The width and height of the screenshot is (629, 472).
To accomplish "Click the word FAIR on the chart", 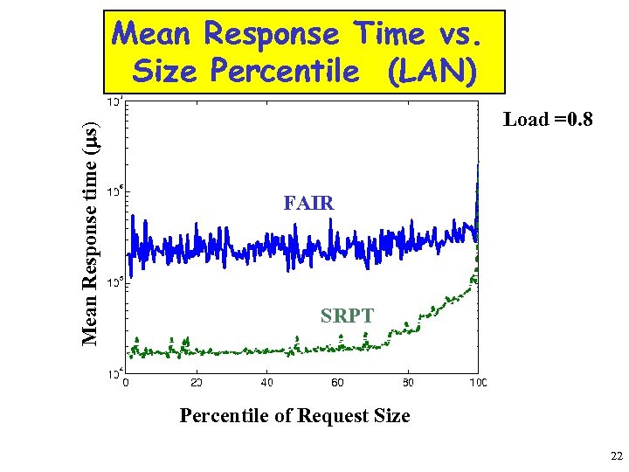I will pyautogui.click(x=308, y=204).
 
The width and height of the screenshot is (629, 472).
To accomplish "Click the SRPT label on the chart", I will pyautogui.click(x=347, y=316).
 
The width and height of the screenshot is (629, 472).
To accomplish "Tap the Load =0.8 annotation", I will pyautogui.click(x=548, y=120).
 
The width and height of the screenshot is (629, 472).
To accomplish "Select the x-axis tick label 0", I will pyautogui.click(x=127, y=383).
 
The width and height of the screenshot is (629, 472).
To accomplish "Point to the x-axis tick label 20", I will pyautogui.click(x=197, y=383).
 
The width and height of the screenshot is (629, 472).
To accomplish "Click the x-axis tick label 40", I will pyautogui.click(x=267, y=383).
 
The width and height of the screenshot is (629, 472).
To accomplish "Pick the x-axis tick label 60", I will pyautogui.click(x=337, y=383).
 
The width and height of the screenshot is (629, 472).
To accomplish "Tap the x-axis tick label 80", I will pyautogui.click(x=408, y=383).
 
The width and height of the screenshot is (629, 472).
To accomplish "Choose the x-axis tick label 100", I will pyautogui.click(x=478, y=383).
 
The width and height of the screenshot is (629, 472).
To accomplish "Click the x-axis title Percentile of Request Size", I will pyautogui.click(x=294, y=415).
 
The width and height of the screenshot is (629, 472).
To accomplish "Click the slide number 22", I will pyautogui.click(x=616, y=456).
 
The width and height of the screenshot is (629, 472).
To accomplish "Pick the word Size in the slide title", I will pyautogui.click(x=165, y=71).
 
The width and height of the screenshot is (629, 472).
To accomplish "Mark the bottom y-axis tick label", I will pyautogui.click(x=114, y=374).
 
